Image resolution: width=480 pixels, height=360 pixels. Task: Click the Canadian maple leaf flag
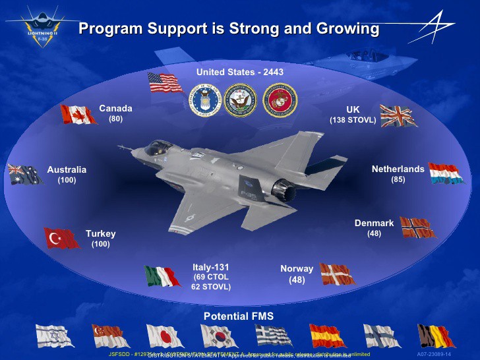[x=78, y=114]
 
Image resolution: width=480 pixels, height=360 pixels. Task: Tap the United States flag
[x=165, y=82]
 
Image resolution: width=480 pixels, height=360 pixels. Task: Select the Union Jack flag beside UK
[x=398, y=116]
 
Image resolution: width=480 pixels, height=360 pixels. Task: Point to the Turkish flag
[x=61, y=237]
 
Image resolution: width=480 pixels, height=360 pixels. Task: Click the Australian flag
[x=24, y=174]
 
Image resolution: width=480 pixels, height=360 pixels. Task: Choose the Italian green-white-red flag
[x=162, y=275]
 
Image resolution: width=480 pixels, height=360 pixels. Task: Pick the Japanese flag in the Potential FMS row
[x=165, y=336]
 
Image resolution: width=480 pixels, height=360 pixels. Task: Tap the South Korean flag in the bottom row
[x=219, y=336]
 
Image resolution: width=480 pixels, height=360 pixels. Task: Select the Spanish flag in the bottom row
[x=327, y=336]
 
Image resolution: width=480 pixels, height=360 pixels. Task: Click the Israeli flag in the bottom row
[x=56, y=336]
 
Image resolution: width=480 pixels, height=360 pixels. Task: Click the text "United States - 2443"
[x=240, y=71]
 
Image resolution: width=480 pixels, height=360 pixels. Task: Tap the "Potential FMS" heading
[x=238, y=316]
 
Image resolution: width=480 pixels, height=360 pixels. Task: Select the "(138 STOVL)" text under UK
[x=353, y=121]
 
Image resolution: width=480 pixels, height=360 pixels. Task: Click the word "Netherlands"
[x=398, y=169]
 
